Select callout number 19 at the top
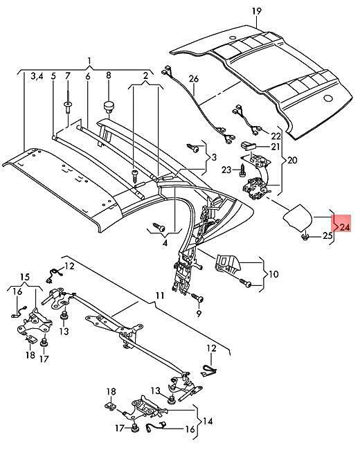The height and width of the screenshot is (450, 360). click(x=257, y=11)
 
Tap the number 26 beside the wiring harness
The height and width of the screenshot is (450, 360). click(x=194, y=78)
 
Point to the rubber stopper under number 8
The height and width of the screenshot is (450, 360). click(x=109, y=107)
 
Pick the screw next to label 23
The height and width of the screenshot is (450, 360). click(x=242, y=170)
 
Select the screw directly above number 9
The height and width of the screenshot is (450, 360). click(x=197, y=297)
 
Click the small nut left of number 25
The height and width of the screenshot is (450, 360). click(x=305, y=237)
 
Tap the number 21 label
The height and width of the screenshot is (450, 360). click(x=276, y=147)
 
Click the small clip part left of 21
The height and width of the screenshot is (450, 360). click(x=248, y=145)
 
